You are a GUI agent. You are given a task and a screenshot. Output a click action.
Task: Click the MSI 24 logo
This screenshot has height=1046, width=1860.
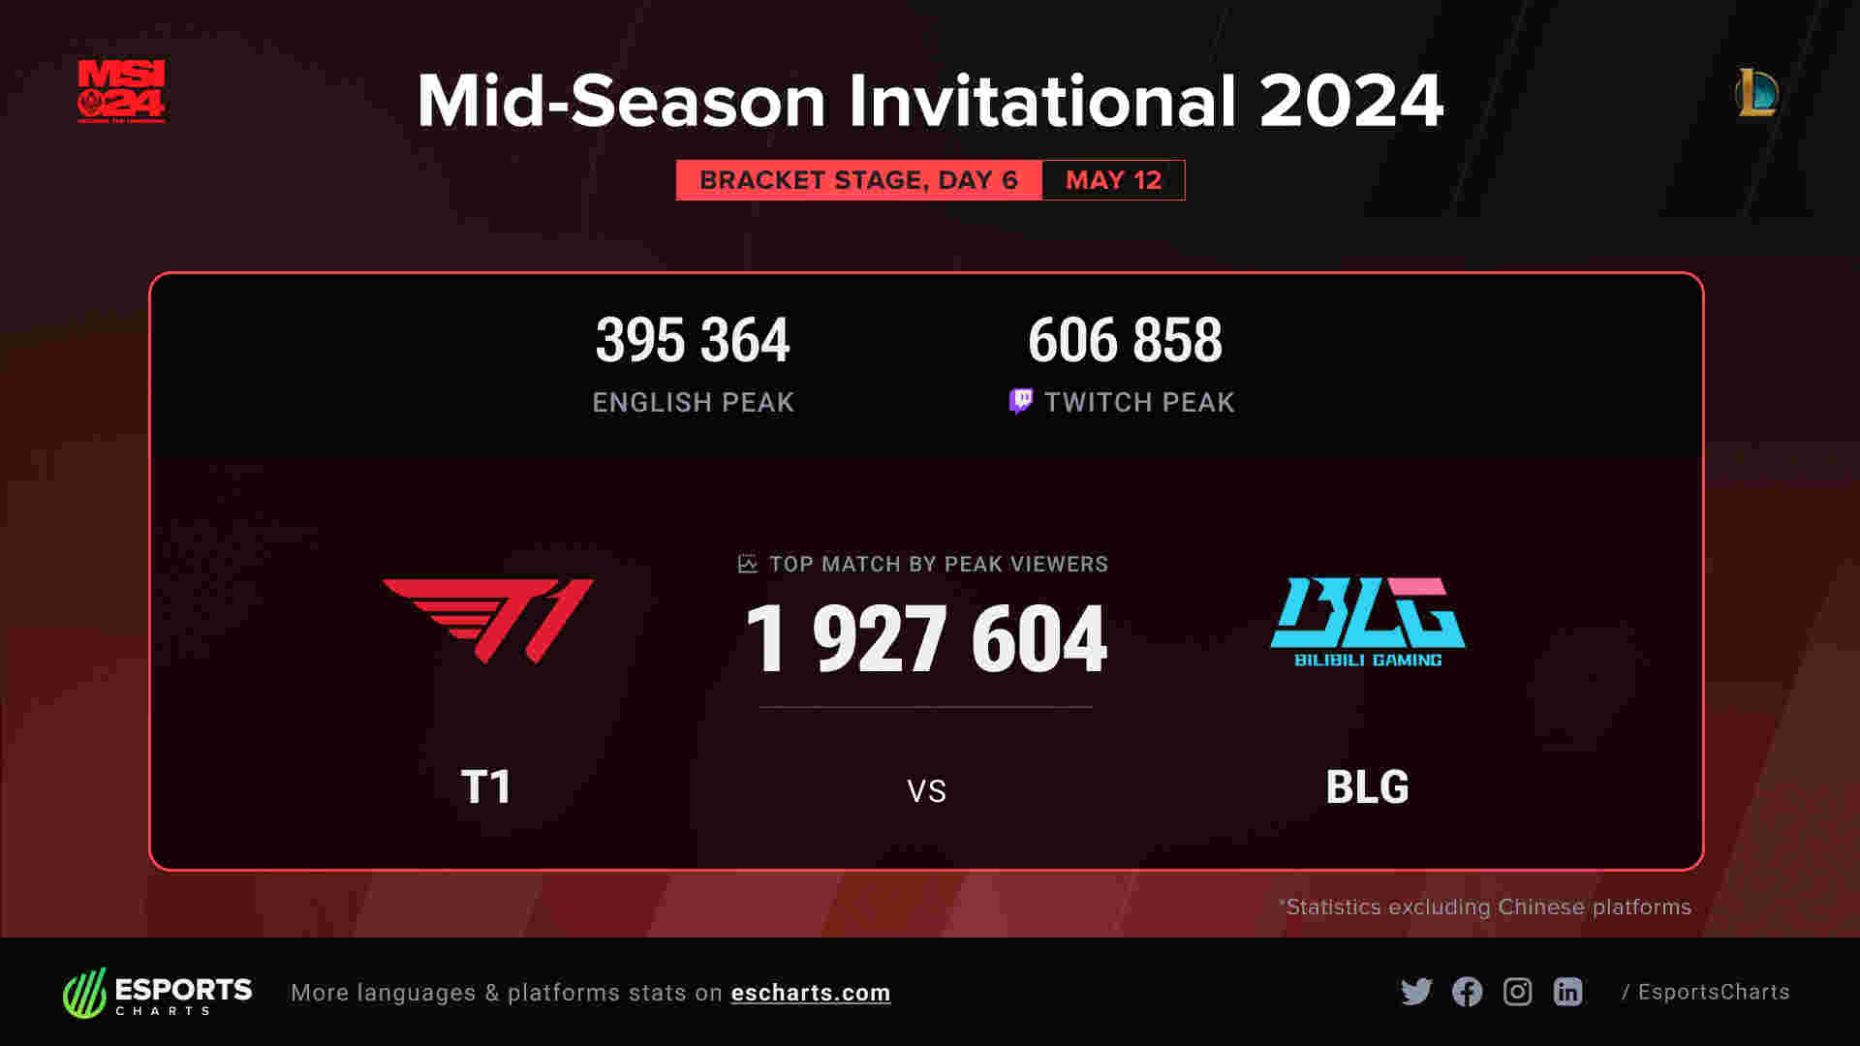(x=121, y=91)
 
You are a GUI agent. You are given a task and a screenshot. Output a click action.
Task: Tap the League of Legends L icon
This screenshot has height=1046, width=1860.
(x=1756, y=92)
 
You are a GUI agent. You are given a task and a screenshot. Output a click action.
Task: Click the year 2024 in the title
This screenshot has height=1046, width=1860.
(x=1351, y=101)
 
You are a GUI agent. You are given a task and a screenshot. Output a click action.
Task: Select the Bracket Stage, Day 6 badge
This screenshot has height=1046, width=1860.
(x=858, y=180)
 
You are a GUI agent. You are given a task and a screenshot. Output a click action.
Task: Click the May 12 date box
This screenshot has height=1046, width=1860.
(x=1113, y=180)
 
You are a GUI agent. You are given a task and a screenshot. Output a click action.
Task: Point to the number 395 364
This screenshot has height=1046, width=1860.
(x=693, y=340)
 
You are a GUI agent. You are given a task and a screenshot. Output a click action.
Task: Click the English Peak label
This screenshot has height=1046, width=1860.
(x=694, y=402)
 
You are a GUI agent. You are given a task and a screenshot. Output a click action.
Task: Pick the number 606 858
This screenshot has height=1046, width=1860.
(x=1125, y=340)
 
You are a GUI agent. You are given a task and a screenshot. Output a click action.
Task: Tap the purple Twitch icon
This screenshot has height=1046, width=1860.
(x=1020, y=401)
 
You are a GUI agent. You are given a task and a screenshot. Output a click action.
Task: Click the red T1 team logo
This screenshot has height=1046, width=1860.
(x=488, y=621)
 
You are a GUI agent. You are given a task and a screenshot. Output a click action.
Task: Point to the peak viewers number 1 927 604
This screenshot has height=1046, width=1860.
(x=926, y=638)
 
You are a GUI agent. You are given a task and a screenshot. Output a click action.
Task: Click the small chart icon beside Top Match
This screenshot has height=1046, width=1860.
(x=747, y=564)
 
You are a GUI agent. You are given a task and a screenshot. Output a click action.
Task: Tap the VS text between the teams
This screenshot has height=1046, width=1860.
(x=926, y=791)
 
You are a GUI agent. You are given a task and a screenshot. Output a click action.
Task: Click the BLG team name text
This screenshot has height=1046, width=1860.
(x=1367, y=786)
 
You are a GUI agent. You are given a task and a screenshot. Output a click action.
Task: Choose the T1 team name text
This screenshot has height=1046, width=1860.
(x=485, y=786)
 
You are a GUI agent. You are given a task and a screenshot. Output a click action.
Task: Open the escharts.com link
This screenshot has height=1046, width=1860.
(x=811, y=993)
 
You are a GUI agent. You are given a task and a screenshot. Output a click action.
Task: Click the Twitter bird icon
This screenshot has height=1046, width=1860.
(x=1416, y=992)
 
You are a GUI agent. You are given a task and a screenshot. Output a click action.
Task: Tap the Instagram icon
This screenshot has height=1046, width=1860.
(x=1517, y=992)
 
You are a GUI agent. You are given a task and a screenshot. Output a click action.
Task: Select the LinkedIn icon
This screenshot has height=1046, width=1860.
(x=1567, y=992)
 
